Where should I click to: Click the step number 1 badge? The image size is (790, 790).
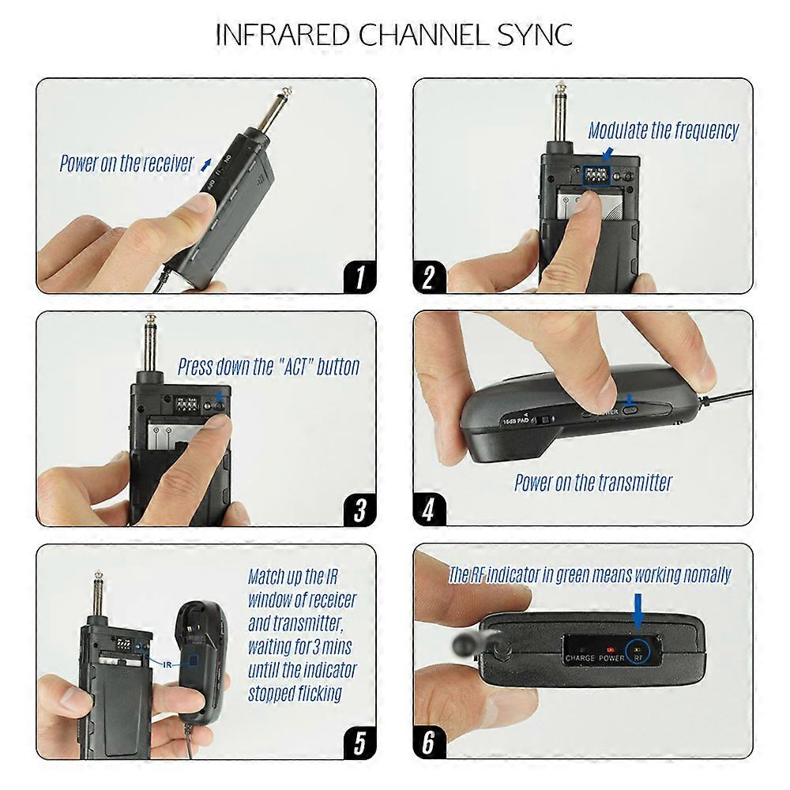pyautogui.click(x=359, y=276)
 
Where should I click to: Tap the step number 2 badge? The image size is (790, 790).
pyautogui.click(x=429, y=276)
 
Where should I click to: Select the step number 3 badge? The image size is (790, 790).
pyautogui.click(x=359, y=510)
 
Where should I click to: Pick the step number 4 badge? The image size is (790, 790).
pyautogui.click(x=429, y=510)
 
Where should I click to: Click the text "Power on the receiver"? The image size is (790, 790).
pyautogui.click(x=126, y=164)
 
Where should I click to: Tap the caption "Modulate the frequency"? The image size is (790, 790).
pyautogui.click(x=663, y=130)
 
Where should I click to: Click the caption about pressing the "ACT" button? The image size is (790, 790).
pyautogui.click(x=269, y=367)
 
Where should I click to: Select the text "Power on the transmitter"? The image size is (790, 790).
pyautogui.click(x=592, y=482)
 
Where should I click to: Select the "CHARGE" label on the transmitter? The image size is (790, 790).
pyautogui.click(x=580, y=657)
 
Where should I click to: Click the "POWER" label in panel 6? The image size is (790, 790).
pyautogui.click(x=611, y=657)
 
